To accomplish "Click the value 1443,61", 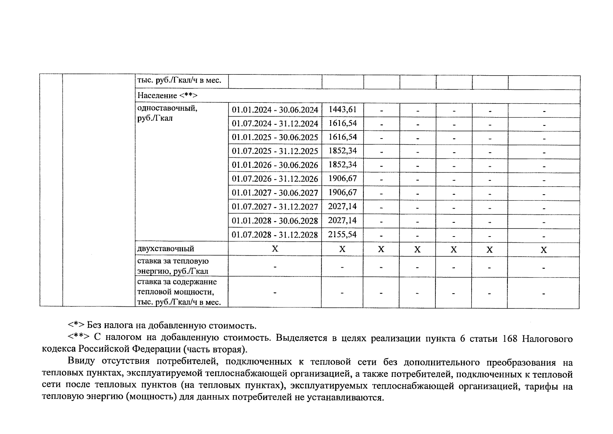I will pos(342,110).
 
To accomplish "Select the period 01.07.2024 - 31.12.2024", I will pos(275,124).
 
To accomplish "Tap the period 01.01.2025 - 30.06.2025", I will pos(275,137).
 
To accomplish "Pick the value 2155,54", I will pos(342,235).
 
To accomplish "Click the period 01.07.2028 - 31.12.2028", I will pos(275,235).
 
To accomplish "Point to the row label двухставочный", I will pos(166,249).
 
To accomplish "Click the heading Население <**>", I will pos(167,95).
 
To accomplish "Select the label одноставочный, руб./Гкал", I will pos(167,113).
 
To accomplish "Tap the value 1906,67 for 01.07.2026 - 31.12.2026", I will pos(342,179).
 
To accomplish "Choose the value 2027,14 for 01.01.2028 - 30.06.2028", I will pos(342,221).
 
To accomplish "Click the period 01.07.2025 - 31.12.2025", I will pos(275,151).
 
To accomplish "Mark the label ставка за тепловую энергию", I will pos(173,266).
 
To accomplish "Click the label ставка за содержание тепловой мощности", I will pos(177,292).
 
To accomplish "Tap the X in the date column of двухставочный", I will pos(275,249).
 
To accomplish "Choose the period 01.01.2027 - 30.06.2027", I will pos(275,193).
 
